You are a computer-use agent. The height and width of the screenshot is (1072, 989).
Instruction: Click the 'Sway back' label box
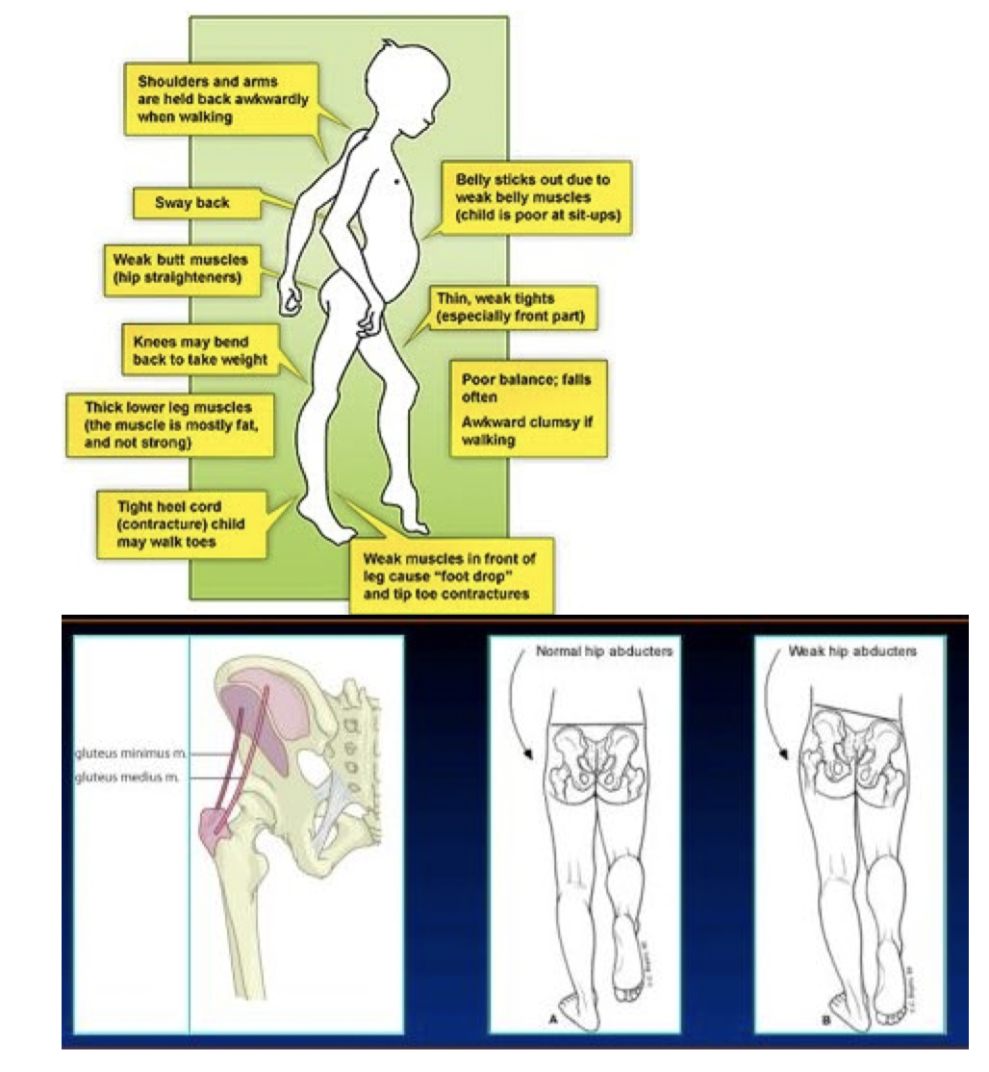[192, 203]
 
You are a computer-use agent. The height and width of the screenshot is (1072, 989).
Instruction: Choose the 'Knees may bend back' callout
[194, 350]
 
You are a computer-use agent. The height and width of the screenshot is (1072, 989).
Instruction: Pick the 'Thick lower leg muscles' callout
[165, 423]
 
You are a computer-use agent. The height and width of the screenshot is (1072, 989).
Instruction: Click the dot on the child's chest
[398, 181]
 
